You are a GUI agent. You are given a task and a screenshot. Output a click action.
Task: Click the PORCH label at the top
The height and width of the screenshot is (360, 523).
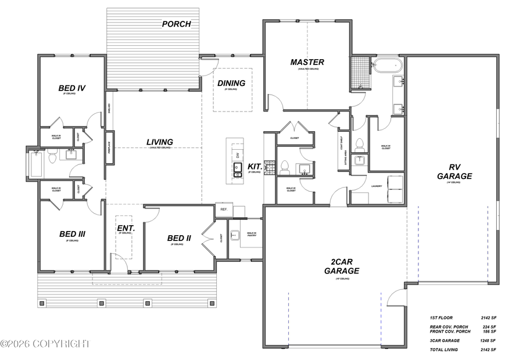tap(176, 24)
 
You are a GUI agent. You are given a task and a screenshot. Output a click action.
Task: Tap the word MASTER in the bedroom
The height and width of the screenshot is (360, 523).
tap(307, 62)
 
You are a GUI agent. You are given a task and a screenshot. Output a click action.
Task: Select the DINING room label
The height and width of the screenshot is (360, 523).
tap(231, 83)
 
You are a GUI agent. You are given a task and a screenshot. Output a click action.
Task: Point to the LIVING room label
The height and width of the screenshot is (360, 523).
tap(159, 142)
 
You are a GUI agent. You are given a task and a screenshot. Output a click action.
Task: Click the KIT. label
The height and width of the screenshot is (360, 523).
tap(255, 167)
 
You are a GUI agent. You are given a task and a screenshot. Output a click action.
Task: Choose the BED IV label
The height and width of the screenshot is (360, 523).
tap(72, 88)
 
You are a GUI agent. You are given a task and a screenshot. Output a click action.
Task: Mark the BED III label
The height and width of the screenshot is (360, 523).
tap(73, 234)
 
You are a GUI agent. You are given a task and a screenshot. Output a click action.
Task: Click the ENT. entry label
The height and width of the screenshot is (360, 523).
tap(126, 228)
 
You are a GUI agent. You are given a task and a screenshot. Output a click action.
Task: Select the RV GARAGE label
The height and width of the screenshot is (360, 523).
tap(454, 171)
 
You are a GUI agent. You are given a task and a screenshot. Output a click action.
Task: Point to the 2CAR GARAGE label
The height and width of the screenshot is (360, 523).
tap(341, 266)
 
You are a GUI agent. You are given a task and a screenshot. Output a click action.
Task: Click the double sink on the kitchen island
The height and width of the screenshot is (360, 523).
tap(238, 169)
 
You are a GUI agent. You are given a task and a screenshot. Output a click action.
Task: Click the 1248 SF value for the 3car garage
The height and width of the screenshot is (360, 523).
tap(488, 340)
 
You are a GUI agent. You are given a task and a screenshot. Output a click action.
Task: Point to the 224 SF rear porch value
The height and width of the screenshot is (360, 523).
tap(488, 327)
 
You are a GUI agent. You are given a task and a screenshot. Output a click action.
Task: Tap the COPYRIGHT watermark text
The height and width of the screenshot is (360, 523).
tap(45, 344)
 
